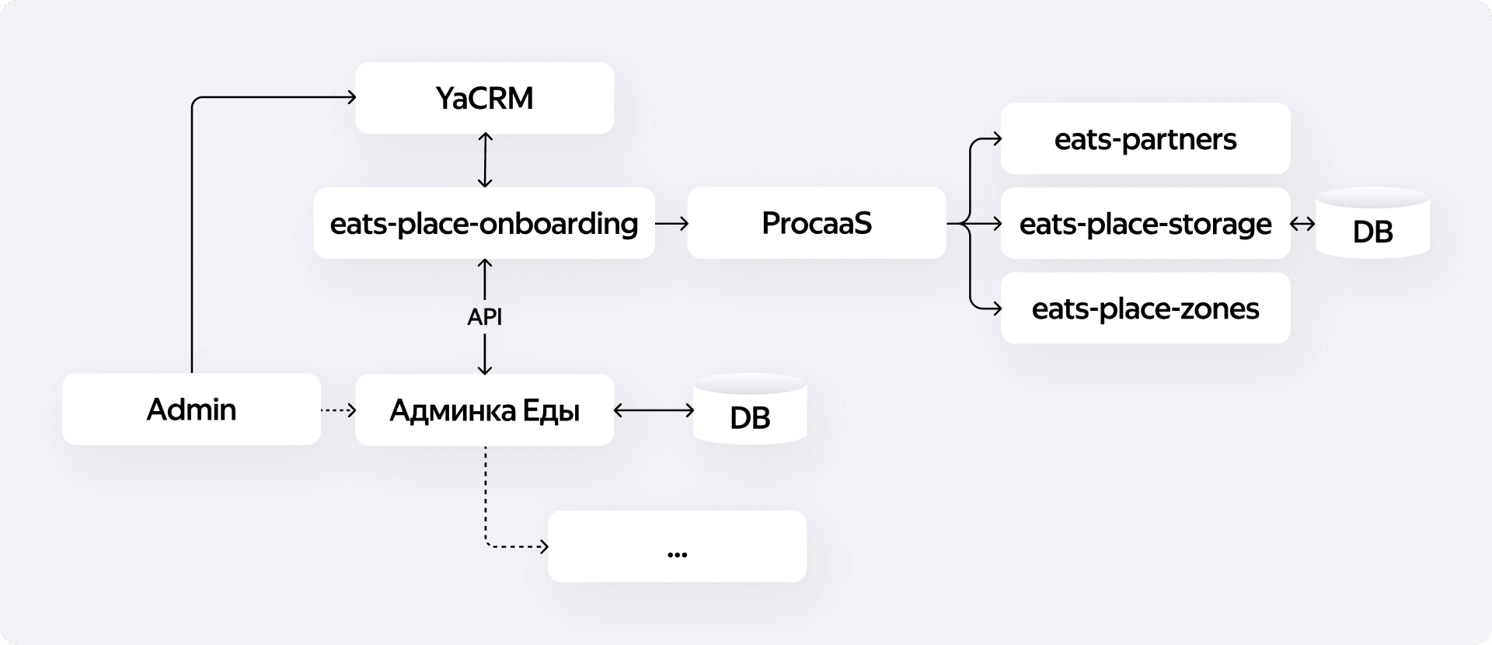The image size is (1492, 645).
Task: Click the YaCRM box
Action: point(484,98)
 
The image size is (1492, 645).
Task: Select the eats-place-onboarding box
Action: point(484,223)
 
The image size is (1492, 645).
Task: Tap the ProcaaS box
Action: point(816,223)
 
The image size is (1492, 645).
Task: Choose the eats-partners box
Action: point(1145,139)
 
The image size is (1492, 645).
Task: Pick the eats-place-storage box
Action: point(1145,224)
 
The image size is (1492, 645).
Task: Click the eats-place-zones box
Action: point(1145,309)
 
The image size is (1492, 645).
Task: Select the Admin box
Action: point(191,410)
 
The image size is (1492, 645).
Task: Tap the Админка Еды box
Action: point(484,410)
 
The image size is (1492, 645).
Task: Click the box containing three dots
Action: point(677,546)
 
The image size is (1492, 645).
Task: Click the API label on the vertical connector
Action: point(484,317)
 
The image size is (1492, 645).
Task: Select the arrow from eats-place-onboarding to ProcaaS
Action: point(671,224)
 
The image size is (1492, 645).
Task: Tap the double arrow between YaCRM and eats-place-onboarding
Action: point(484,160)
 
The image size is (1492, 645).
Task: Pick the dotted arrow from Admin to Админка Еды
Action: point(338,410)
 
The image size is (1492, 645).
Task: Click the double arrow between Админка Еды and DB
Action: point(654,410)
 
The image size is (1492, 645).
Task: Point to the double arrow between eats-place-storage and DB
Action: point(1302,224)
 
